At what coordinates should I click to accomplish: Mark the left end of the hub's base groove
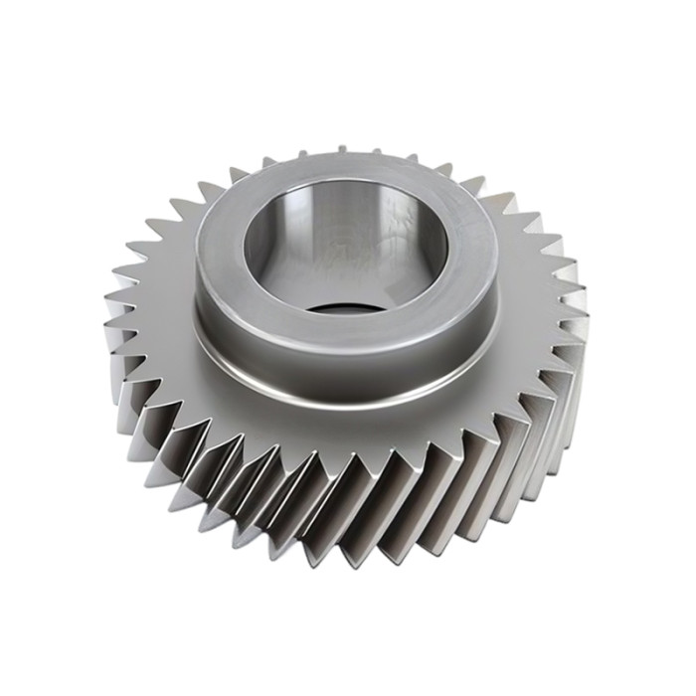(x=199, y=333)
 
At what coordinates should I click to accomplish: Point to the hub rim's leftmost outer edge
(x=195, y=249)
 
